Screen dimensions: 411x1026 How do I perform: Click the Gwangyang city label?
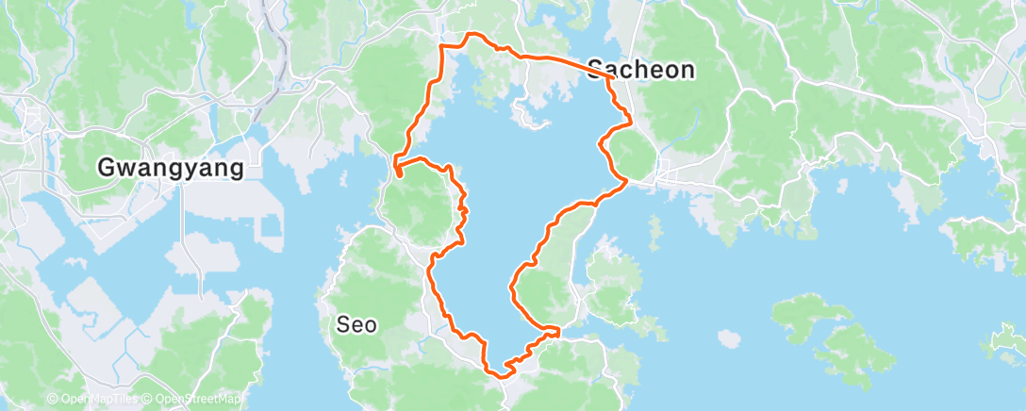[x=171, y=168]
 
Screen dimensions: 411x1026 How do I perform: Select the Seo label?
[x=357, y=325]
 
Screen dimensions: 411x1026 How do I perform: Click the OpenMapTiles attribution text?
[x=95, y=400]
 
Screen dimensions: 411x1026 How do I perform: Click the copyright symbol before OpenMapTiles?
[x=52, y=400]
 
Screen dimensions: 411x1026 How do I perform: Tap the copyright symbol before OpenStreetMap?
[x=148, y=400]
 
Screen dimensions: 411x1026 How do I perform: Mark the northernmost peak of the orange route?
[x=472, y=35]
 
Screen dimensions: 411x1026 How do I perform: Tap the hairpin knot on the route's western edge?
[x=399, y=171]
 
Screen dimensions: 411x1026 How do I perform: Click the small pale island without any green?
[x=727, y=336]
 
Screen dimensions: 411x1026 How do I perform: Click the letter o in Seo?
[x=372, y=326]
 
